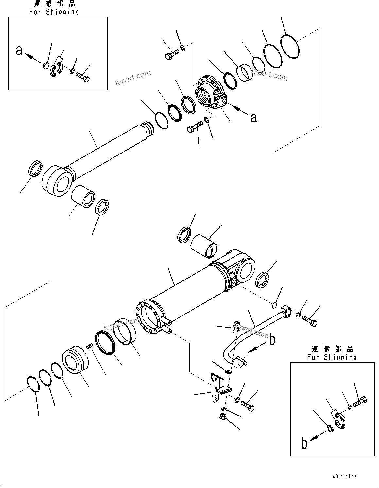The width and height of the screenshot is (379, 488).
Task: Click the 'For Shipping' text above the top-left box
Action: click(x=54, y=12)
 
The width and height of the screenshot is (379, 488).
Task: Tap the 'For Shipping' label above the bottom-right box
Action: click(x=332, y=357)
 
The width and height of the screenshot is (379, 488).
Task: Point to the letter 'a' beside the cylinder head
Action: click(x=253, y=118)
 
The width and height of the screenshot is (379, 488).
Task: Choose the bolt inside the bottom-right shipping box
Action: click(x=360, y=400)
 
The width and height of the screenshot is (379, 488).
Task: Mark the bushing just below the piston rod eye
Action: click(x=83, y=196)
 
